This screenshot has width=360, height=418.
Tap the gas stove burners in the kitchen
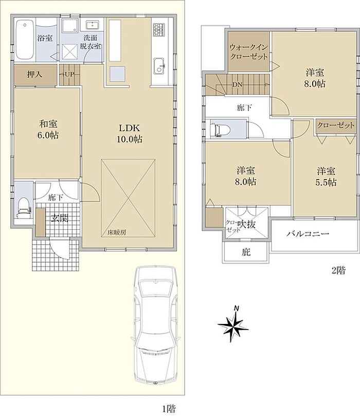click(159, 30)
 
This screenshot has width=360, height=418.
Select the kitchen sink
click(160, 65)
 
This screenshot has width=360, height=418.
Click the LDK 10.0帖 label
click(129, 133)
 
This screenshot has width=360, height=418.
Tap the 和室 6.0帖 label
click(48, 130)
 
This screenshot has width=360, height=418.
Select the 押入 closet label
click(34, 75)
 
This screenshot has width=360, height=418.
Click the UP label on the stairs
click(69, 75)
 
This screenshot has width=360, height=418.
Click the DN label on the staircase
click(237, 85)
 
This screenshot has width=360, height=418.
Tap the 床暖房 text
click(117, 232)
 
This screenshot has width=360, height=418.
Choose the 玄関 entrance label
click(60, 219)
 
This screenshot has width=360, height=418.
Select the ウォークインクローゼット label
click(248, 52)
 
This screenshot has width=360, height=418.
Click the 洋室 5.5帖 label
click(326, 176)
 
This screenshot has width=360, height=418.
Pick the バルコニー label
click(308, 234)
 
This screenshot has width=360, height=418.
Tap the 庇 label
click(246, 252)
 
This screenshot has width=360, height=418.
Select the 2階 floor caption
click(338, 270)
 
